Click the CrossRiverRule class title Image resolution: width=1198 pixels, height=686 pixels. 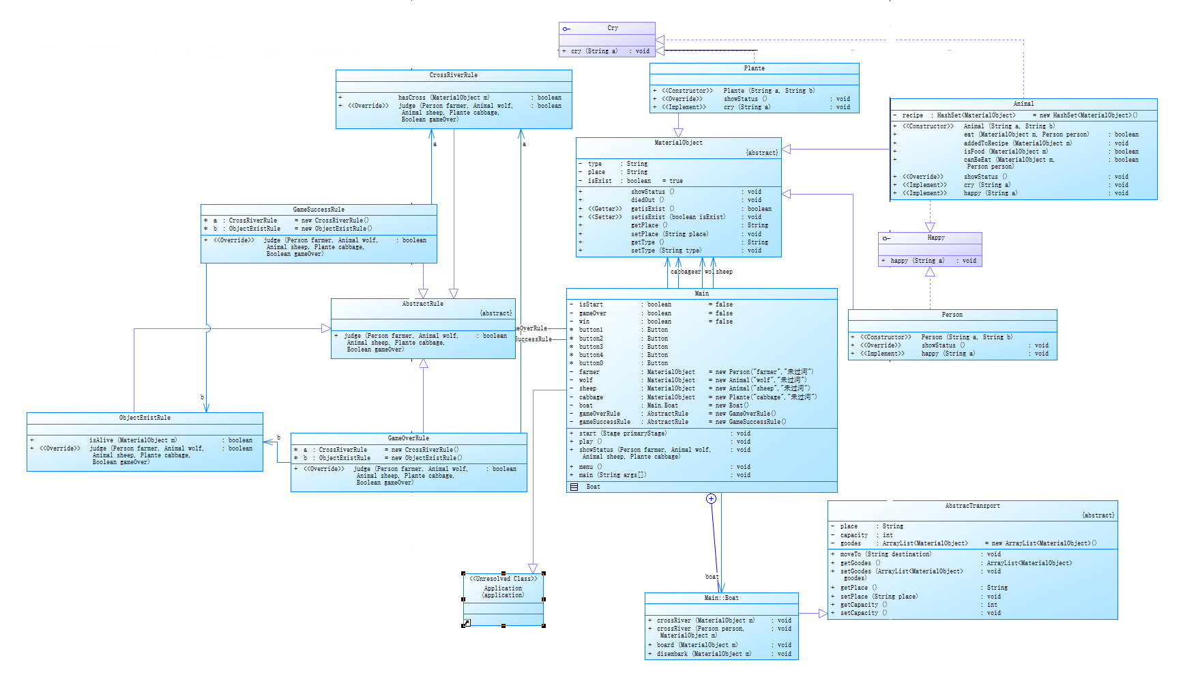453,75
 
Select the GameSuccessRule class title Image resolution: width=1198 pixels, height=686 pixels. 319,210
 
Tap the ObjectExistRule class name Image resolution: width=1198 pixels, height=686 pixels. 145,418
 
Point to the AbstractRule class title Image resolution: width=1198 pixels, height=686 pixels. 422,304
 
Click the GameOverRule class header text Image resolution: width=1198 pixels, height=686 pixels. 409,438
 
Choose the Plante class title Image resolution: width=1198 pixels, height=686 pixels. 754,68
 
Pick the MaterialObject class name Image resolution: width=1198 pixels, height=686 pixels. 678,143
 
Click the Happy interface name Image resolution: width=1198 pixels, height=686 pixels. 936,238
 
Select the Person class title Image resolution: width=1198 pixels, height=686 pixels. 952,315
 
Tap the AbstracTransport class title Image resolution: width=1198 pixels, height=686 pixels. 972,506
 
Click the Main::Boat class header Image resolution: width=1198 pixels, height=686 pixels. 721,598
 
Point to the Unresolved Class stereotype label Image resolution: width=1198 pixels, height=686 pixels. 503,579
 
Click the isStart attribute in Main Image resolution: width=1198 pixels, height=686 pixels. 591,304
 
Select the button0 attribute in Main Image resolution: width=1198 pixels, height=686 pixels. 591,363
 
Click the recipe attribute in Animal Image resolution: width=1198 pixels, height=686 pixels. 912,115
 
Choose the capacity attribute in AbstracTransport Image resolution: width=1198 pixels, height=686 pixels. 854,535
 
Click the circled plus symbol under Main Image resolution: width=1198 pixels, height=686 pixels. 711,498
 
